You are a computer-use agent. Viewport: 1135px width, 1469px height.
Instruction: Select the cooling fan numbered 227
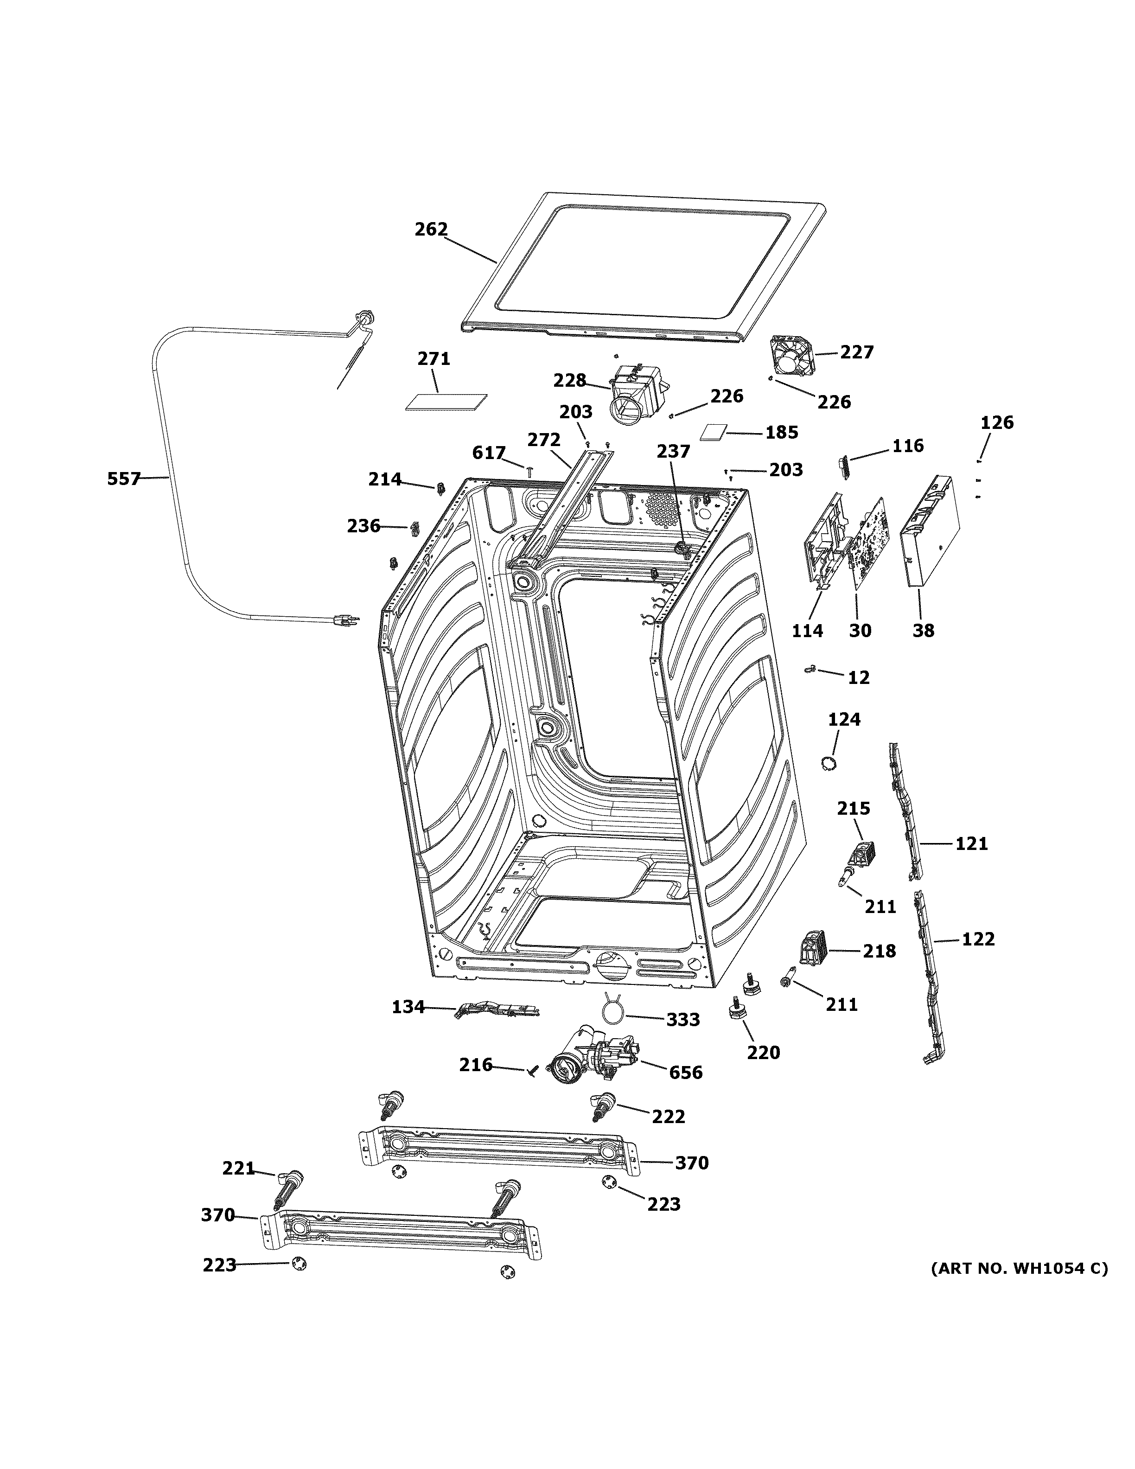[x=792, y=357]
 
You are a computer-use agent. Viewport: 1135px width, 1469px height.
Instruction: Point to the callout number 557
[x=124, y=479]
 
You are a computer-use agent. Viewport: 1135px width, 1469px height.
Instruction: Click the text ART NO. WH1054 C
[x=1019, y=1269]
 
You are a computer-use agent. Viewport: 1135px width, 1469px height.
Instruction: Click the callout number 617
[x=488, y=453]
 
